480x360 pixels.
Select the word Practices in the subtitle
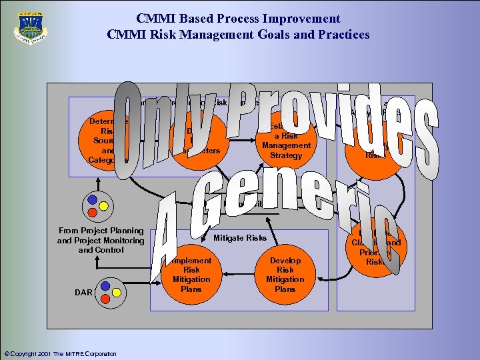point(341,34)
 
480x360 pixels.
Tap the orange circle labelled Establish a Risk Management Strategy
point(286,141)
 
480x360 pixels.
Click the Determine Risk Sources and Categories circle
point(107,141)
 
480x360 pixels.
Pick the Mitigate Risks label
point(239,238)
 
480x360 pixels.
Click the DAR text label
point(83,292)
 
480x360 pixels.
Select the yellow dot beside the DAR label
point(116,291)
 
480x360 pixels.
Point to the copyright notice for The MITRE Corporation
point(60,354)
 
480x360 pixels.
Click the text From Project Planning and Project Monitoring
point(101,240)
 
